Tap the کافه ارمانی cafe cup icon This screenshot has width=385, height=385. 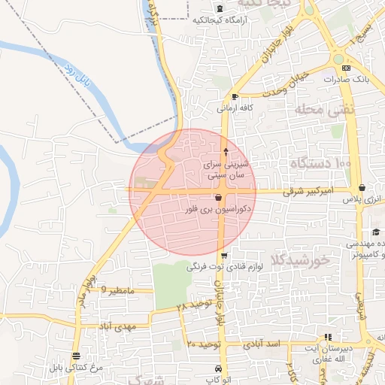[x=235, y=96]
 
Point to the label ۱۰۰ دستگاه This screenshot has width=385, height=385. [x=320, y=162]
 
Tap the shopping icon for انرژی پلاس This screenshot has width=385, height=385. [x=362, y=188]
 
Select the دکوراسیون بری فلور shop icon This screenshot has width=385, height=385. [x=218, y=197]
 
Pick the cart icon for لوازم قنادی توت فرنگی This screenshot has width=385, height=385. [x=223, y=256]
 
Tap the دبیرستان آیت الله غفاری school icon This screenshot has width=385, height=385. [x=327, y=337]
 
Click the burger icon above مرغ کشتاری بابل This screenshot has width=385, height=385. [x=75, y=356]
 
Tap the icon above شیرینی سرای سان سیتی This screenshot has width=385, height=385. [x=226, y=152]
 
